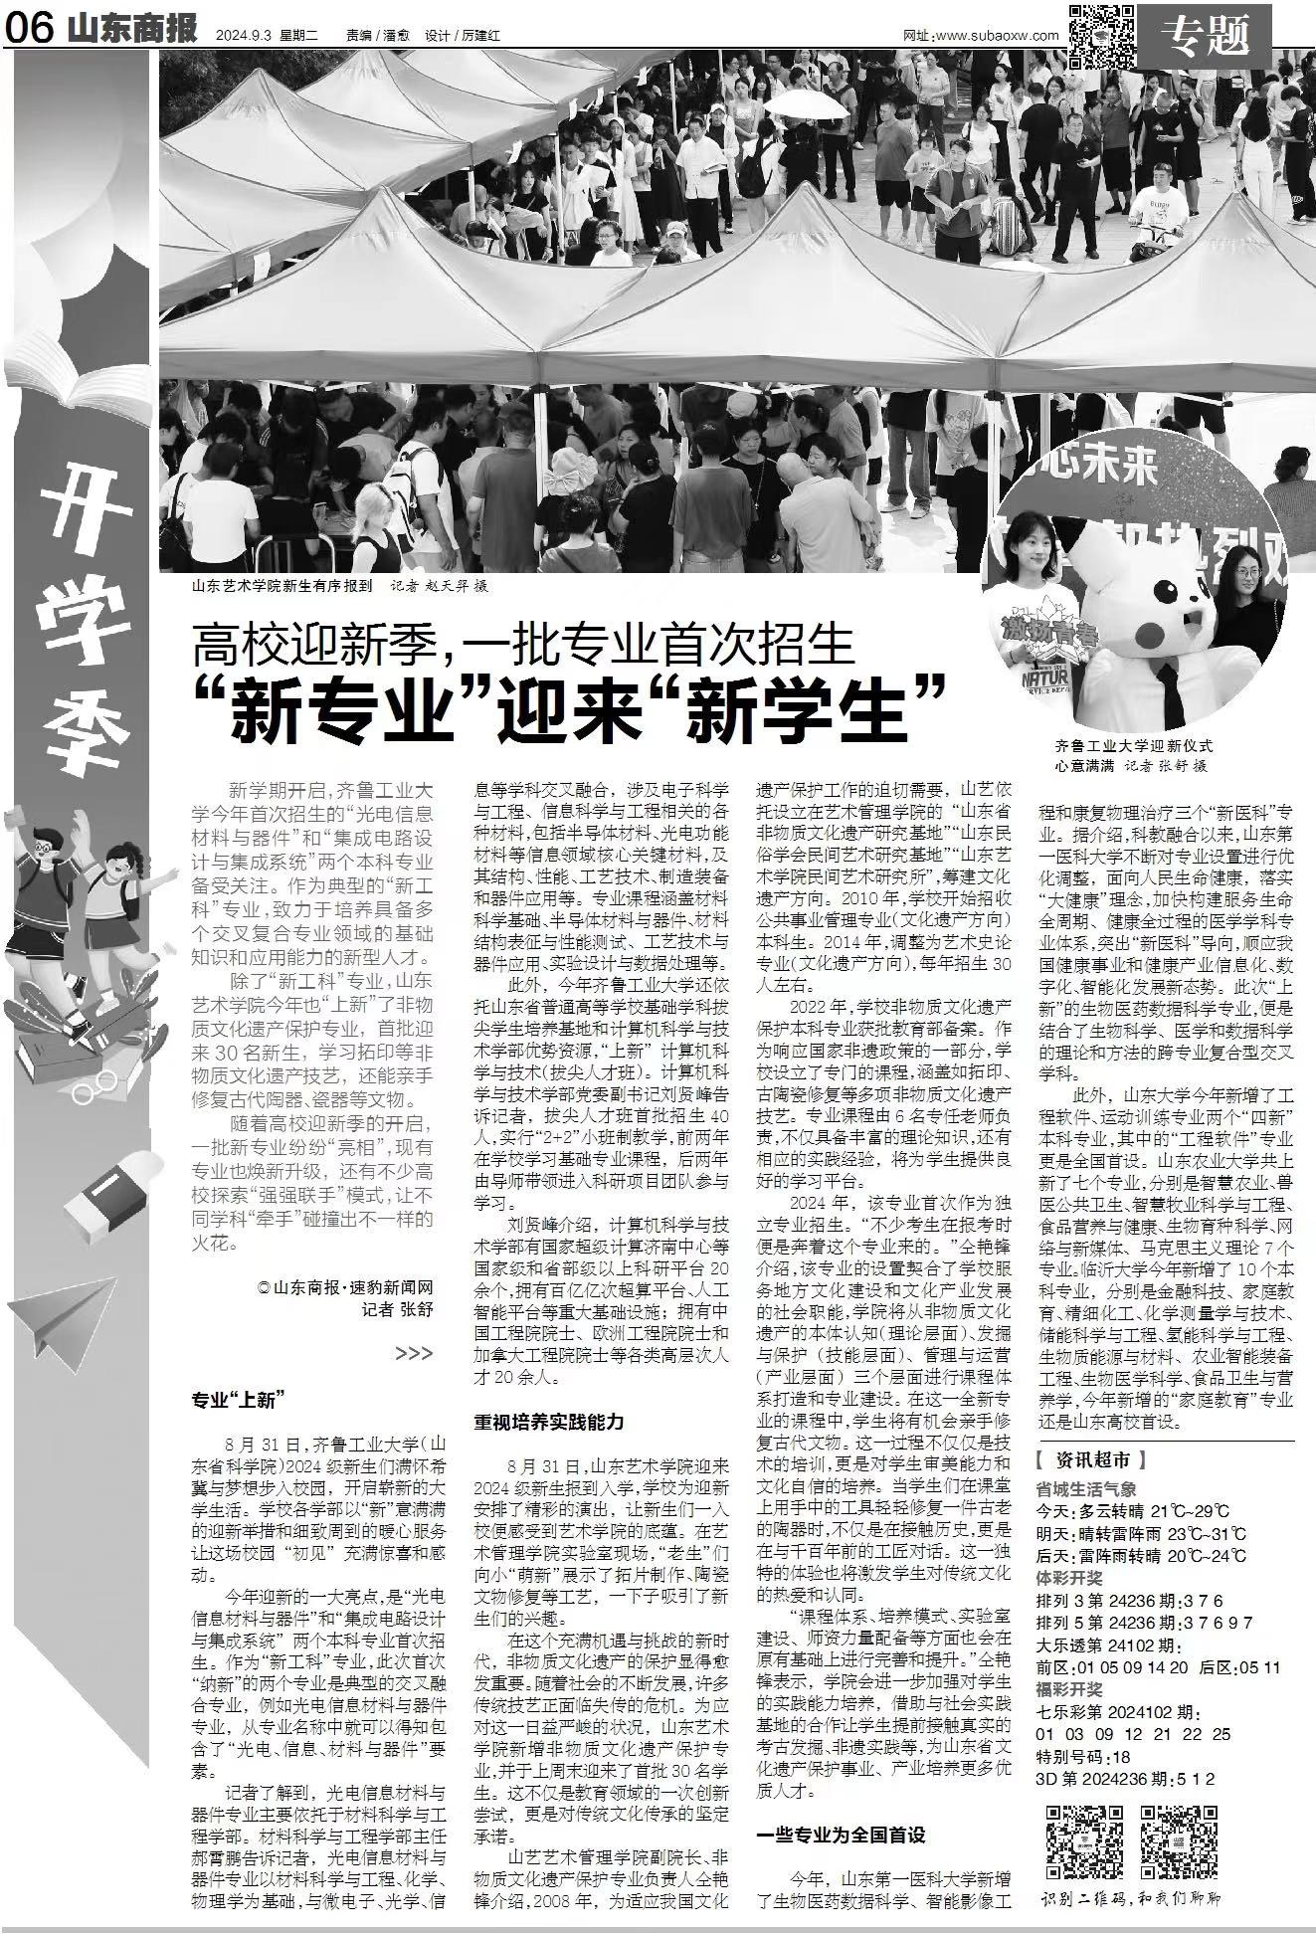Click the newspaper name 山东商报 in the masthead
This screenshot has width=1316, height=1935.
[133, 29]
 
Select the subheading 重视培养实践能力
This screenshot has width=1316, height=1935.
[548, 1421]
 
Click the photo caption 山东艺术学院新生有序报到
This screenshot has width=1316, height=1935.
[282, 586]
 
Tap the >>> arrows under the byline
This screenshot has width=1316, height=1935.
[414, 1353]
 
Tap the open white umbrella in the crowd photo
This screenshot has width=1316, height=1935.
[802, 102]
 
